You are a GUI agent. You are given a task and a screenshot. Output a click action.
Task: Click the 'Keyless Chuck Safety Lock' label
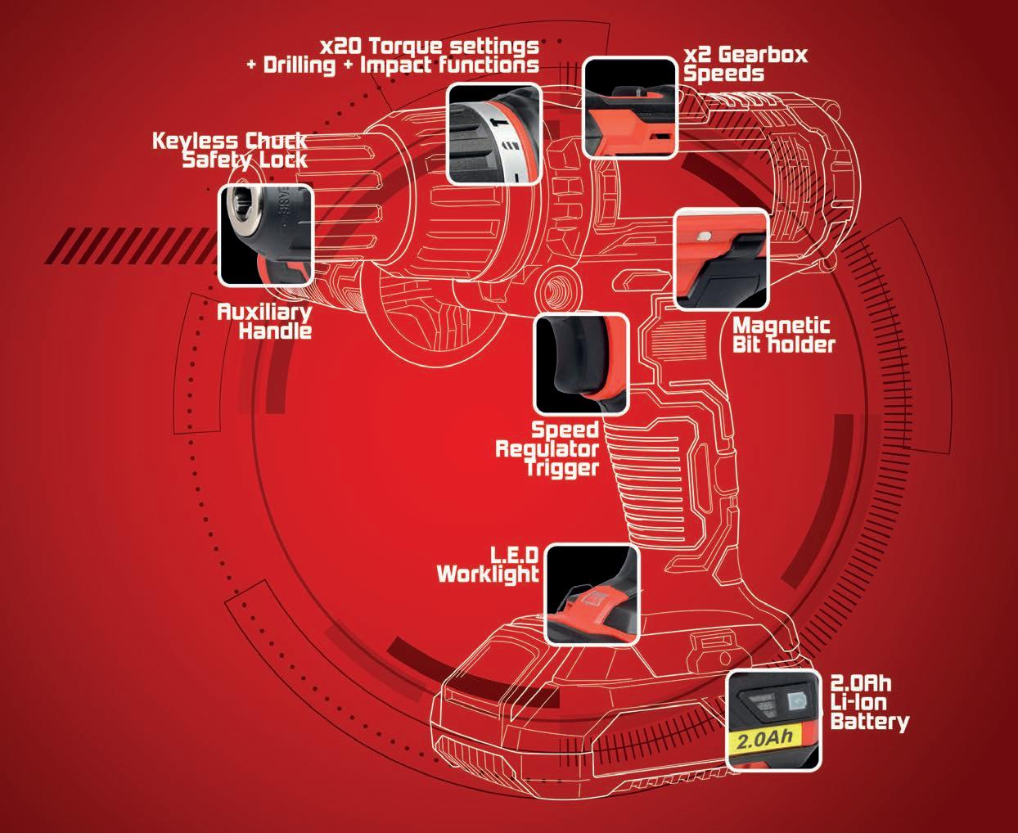coord(230,150)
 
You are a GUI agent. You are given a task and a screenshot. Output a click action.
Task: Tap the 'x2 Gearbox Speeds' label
coord(745,64)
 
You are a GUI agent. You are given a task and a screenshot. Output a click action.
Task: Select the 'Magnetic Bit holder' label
coord(783,335)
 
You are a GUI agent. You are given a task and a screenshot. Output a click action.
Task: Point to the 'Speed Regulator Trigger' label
coord(547,448)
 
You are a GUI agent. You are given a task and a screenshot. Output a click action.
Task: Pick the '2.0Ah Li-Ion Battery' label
coord(869,702)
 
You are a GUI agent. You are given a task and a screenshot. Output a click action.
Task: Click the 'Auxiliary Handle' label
coord(264,321)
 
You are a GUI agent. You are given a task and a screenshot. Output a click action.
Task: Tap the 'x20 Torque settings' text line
coord(430,46)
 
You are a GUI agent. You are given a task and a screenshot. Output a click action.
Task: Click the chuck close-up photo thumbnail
coord(266,235)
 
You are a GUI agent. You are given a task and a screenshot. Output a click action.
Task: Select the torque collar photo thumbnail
coord(493,133)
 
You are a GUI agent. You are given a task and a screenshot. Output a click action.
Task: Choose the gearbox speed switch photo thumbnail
coord(630,106)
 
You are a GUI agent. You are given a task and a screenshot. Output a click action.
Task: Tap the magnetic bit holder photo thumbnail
coord(721,259)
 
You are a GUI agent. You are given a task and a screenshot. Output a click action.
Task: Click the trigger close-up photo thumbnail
coord(581,364)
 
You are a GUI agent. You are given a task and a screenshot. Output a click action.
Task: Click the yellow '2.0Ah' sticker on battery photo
coord(767,742)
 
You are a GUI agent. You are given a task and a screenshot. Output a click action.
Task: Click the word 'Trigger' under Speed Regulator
coord(563,467)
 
